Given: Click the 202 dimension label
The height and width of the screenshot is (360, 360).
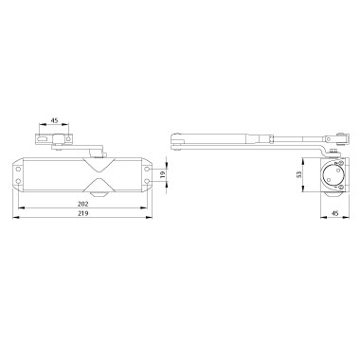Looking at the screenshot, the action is (x=83, y=204).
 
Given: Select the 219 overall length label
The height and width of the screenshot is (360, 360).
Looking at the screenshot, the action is (x=83, y=213).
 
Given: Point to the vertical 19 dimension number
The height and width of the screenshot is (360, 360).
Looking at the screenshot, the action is (x=163, y=175).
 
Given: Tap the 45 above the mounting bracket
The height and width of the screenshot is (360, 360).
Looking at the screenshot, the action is (x=54, y=120).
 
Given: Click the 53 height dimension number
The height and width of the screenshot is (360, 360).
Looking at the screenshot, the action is (x=298, y=175).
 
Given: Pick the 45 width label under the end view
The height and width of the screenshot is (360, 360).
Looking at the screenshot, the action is (x=335, y=213).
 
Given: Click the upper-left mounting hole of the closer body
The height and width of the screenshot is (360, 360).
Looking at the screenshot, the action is (x=18, y=170).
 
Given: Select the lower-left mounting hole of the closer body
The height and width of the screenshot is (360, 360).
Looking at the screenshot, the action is (x=18, y=181).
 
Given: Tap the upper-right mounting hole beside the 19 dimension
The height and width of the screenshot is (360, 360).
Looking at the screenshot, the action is (x=147, y=170).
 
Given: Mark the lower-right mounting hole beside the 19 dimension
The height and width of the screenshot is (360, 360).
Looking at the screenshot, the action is (x=147, y=181).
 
